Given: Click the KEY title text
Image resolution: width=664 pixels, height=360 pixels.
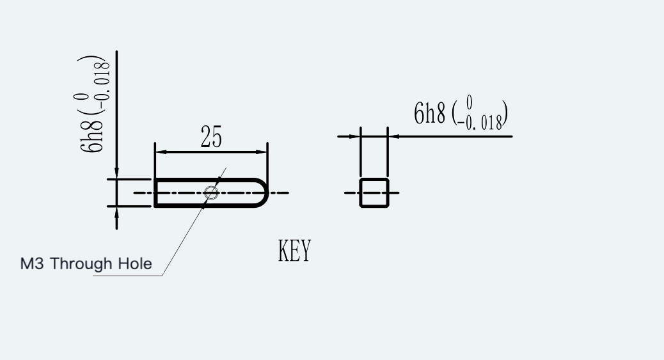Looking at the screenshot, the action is click(x=295, y=250).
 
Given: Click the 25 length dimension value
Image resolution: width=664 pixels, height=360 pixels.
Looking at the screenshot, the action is click(x=211, y=137).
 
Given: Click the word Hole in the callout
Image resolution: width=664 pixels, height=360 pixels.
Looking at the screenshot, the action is click(x=135, y=263).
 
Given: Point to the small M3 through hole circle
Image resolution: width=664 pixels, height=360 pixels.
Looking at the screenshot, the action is click(x=211, y=192).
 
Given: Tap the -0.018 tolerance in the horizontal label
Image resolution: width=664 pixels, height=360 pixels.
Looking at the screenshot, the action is click(x=480, y=122).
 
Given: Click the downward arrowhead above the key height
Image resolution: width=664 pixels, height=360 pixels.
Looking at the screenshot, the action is click(x=116, y=173).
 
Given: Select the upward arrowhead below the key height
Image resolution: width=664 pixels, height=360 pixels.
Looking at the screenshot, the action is click(x=116, y=213).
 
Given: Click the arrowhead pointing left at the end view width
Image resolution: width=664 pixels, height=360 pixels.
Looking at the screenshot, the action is click(x=394, y=136).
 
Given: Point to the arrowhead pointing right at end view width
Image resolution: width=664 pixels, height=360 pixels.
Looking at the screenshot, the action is click(x=354, y=136).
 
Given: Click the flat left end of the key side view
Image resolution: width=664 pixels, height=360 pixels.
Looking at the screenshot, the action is click(x=155, y=192).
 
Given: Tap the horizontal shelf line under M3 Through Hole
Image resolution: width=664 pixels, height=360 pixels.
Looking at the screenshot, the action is click(x=127, y=276).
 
